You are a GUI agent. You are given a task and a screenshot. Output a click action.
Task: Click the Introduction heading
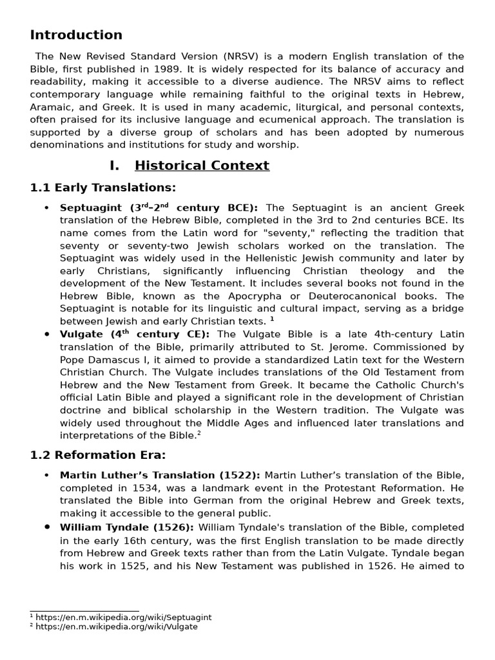coord(76,35)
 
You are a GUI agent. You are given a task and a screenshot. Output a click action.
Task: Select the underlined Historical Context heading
coord(202,166)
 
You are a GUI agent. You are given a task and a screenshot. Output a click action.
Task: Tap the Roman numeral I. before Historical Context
coord(115,166)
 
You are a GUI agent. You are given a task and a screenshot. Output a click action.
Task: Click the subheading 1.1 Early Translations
coord(103,188)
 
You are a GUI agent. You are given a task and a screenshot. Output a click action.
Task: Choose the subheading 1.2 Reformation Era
coord(98,454)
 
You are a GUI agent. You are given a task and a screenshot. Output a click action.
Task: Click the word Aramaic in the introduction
coord(52,107)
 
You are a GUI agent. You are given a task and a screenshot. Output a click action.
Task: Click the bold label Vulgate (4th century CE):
coord(135,334)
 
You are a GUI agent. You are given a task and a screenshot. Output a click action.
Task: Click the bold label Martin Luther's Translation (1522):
coord(160,475)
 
